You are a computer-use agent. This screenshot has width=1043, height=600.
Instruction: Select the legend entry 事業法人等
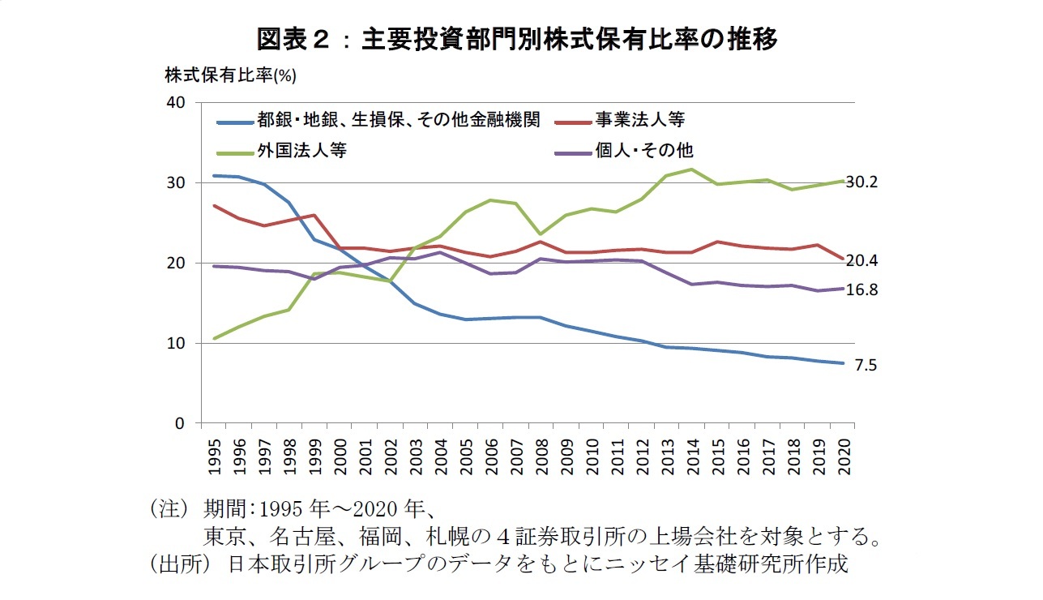click(x=640, y=121)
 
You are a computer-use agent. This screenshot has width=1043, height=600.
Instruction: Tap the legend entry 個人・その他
click(x=644, y=150)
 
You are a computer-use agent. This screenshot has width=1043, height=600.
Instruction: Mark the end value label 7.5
click(x=867, y=366)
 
